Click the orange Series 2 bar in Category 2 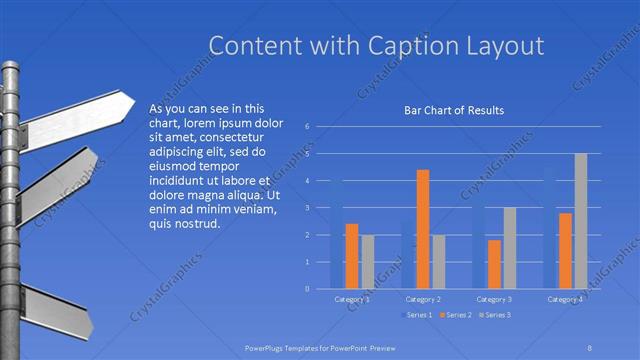click(x=423, y=229)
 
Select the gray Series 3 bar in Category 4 click(x=581, y=221)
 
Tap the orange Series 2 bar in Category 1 click(x=352, y=256)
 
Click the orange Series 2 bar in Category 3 click(x=494, y=264)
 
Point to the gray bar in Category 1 click(x=367, y=261)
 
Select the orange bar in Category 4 click(x=565, y=250)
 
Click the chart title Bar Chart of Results click(x=453, y=110)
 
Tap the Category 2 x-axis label click(x=423, y=299)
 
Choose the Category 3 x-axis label click(x=494, y=299)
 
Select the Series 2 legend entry click(x=456, y=316)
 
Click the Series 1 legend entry click(x=417, y=316)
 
